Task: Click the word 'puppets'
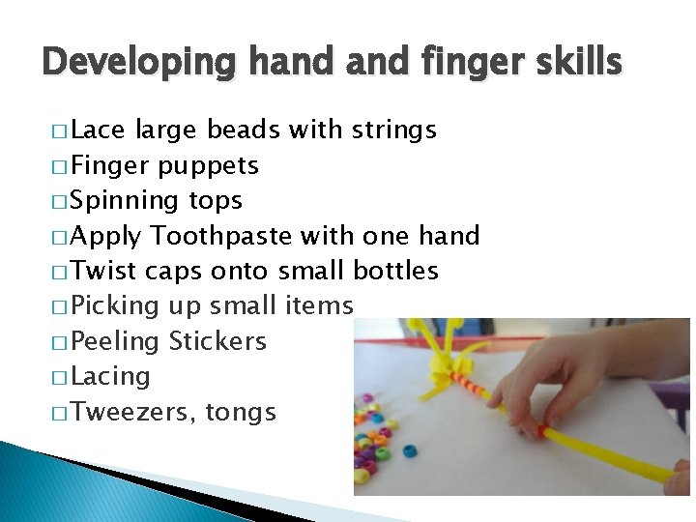[209, 165]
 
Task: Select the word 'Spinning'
[126, 200]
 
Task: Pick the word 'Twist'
[103, 271]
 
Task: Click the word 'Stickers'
[217, 341]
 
